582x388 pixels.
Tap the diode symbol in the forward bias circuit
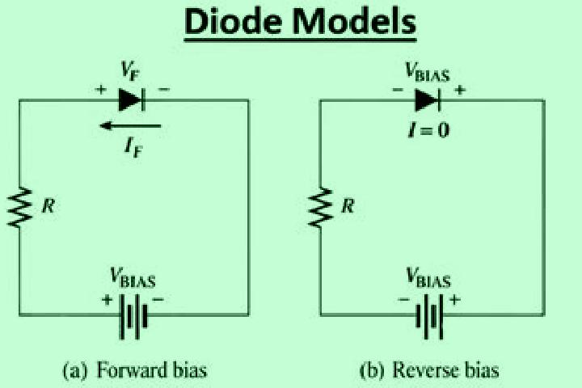132,100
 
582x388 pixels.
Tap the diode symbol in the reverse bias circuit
428,100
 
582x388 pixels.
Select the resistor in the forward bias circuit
19,207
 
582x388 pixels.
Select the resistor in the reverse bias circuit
321,207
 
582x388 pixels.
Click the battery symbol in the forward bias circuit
133,316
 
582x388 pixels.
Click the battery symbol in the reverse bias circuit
429,316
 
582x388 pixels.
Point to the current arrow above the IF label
130,126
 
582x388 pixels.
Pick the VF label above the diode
130,70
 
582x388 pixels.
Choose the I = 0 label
428,130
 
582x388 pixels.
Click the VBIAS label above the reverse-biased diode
428,72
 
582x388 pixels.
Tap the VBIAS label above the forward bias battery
133,277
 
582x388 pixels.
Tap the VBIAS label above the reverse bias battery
428,277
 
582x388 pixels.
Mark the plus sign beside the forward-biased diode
100,90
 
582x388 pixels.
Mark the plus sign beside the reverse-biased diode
460,90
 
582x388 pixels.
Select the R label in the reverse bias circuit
348,205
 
